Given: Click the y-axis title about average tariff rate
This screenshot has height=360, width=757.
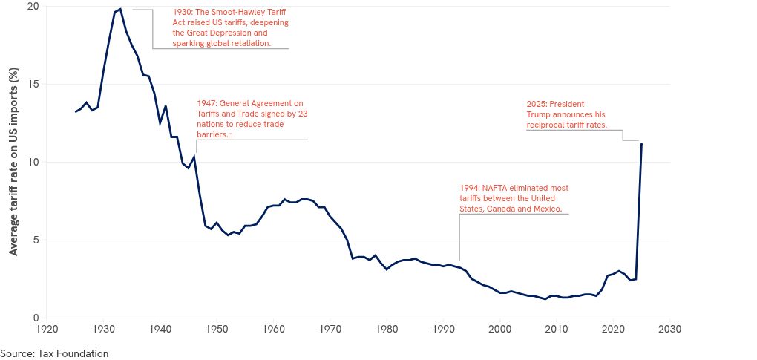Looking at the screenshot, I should pyautogui.click(x=13, y=162).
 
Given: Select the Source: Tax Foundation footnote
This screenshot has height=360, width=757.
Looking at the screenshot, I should pyautogui.click(x=54, y=353).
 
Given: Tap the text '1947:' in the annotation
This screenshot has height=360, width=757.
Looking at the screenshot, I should pyautogui.click(x=207, y=103).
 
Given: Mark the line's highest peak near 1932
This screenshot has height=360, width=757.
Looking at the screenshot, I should pyautogui.click(x=120, y=9).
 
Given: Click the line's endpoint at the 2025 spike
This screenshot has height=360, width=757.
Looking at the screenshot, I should pyautogui.click(x=641, y=144).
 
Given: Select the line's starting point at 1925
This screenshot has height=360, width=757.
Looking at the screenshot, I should pyautogui.click(x=75, y=111).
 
